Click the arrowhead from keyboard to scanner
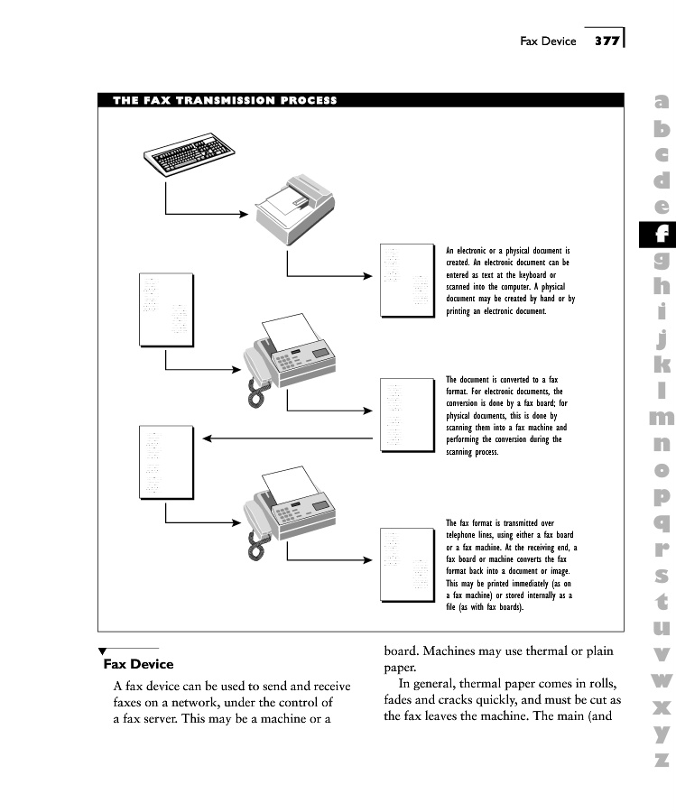point(242,215)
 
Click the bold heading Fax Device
point(138,665)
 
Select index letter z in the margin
point(662,759)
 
